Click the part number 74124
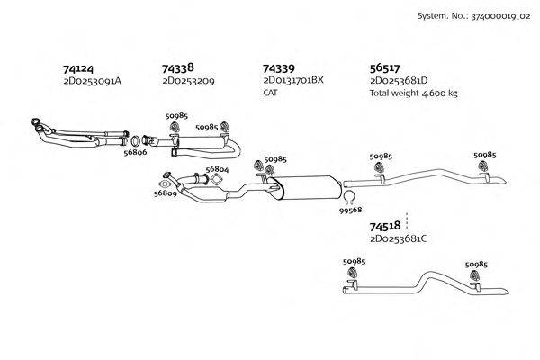[x=77, y=68]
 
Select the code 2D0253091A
[x=92, y=81]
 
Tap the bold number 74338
[x=178, y=67]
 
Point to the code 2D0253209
[x=188, y=81]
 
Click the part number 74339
[x=278, y=68]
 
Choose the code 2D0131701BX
[x=292, y=81]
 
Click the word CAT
[x=271, y=93]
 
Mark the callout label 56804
[x=216, y=169]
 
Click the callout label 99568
[x=351, y=211]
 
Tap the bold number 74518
[x=385, y=229]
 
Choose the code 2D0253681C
[x=398, y=239]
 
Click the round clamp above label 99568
[x=350, y=196]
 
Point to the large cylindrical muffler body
[x=304, y=187]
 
